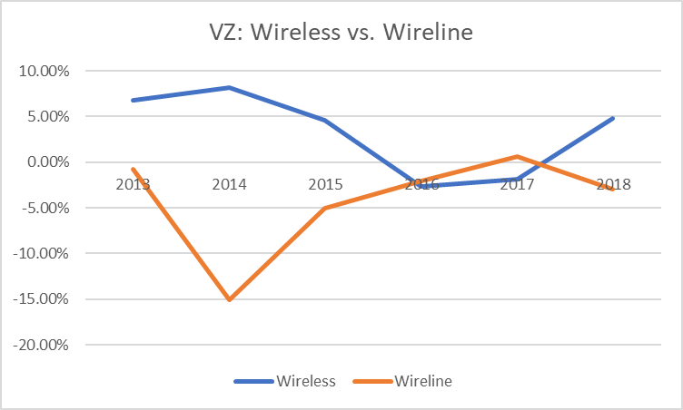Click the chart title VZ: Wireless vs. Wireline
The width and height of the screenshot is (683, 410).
click(340, 34)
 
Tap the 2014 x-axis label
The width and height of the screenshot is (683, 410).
click(229, 184)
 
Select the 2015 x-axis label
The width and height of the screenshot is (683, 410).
click(325, 184)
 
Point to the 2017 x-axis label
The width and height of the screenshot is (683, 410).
click(517, 184)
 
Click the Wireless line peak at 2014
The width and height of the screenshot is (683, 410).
click(229, 87)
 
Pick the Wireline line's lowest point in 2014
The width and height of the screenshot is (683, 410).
click(229, 299)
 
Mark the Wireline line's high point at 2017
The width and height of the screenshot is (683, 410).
click(517, 157)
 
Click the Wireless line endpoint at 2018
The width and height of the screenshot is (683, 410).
click(613, 118)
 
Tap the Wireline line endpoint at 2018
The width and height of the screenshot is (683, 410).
click(613, 189)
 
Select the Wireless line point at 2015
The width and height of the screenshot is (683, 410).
click(325, 120)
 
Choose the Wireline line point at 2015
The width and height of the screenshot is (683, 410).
click(325, 208)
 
